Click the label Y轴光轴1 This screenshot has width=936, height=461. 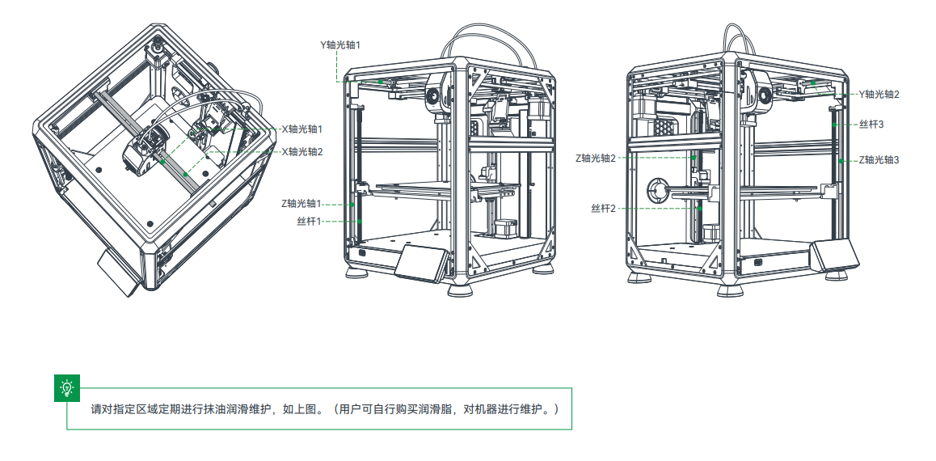tap(339, 45)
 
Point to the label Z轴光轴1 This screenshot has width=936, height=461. tap(301, 203)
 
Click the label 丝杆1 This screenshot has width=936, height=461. tap(309, 221)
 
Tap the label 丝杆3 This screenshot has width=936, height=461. tap(871, 125)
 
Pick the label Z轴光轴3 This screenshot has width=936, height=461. tap(879, 160)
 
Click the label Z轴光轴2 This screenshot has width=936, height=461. tap(595, 159)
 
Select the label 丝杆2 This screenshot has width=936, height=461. tap(603, 209)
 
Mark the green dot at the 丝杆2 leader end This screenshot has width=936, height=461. tap(700, 209)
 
